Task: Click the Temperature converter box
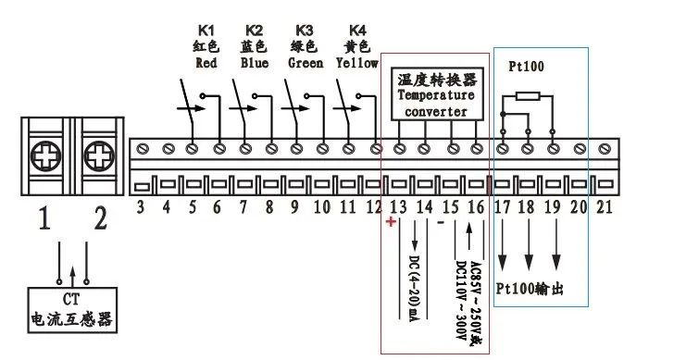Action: click(x=435, y=94)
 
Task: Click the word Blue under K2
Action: click(x=254, y=64)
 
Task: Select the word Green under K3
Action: click(x=306, y=64)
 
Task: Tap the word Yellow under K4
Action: click(x=357, y=64)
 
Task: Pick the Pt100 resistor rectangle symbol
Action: click(x=527, y=95)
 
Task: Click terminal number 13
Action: click(x=399, y=208)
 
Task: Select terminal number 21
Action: click(x=604, y=208)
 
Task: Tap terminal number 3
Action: click(x=141, y=208)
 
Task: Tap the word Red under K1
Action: click(x=206, y=64)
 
